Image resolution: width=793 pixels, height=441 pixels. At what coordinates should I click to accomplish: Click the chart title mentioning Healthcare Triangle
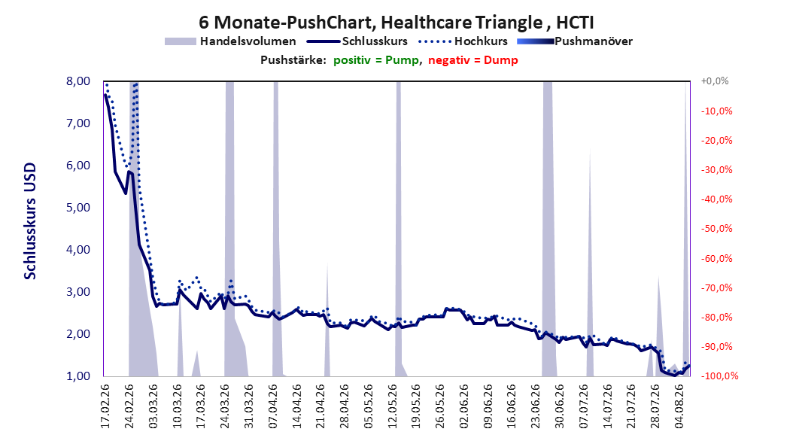point(396,23)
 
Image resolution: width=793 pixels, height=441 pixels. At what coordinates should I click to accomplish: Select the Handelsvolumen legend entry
point(230,41)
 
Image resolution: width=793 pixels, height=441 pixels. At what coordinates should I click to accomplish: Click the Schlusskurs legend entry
point(357,41)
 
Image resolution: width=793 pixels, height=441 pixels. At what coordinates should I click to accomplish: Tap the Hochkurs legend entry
point(463,41)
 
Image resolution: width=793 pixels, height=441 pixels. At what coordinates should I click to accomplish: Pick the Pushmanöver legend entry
point(575,41)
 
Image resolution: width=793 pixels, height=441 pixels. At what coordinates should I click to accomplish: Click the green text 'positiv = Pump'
point(376,60)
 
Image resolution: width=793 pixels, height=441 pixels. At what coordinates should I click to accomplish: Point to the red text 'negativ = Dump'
point(473,60)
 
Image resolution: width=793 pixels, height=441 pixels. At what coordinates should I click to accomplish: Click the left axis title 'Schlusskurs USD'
point(30,221)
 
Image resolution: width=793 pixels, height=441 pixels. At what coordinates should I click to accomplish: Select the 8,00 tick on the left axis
point(78,81)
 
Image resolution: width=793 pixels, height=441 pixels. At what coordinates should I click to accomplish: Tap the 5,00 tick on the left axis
point(78,208)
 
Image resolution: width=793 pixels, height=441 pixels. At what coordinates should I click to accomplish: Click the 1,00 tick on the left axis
point(78,376)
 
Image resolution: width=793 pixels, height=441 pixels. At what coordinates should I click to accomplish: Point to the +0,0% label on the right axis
point(715,81)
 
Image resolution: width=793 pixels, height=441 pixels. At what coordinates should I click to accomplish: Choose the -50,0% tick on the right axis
point(716,229)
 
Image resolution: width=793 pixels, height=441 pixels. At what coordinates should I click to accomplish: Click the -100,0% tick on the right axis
point(719,376)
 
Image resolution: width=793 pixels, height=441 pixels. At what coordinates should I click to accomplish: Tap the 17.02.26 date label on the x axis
point(105,406)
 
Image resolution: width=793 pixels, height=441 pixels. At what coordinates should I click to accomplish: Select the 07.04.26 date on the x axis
point(272,406)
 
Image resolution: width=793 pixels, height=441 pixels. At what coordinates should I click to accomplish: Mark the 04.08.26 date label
point(679,406)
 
